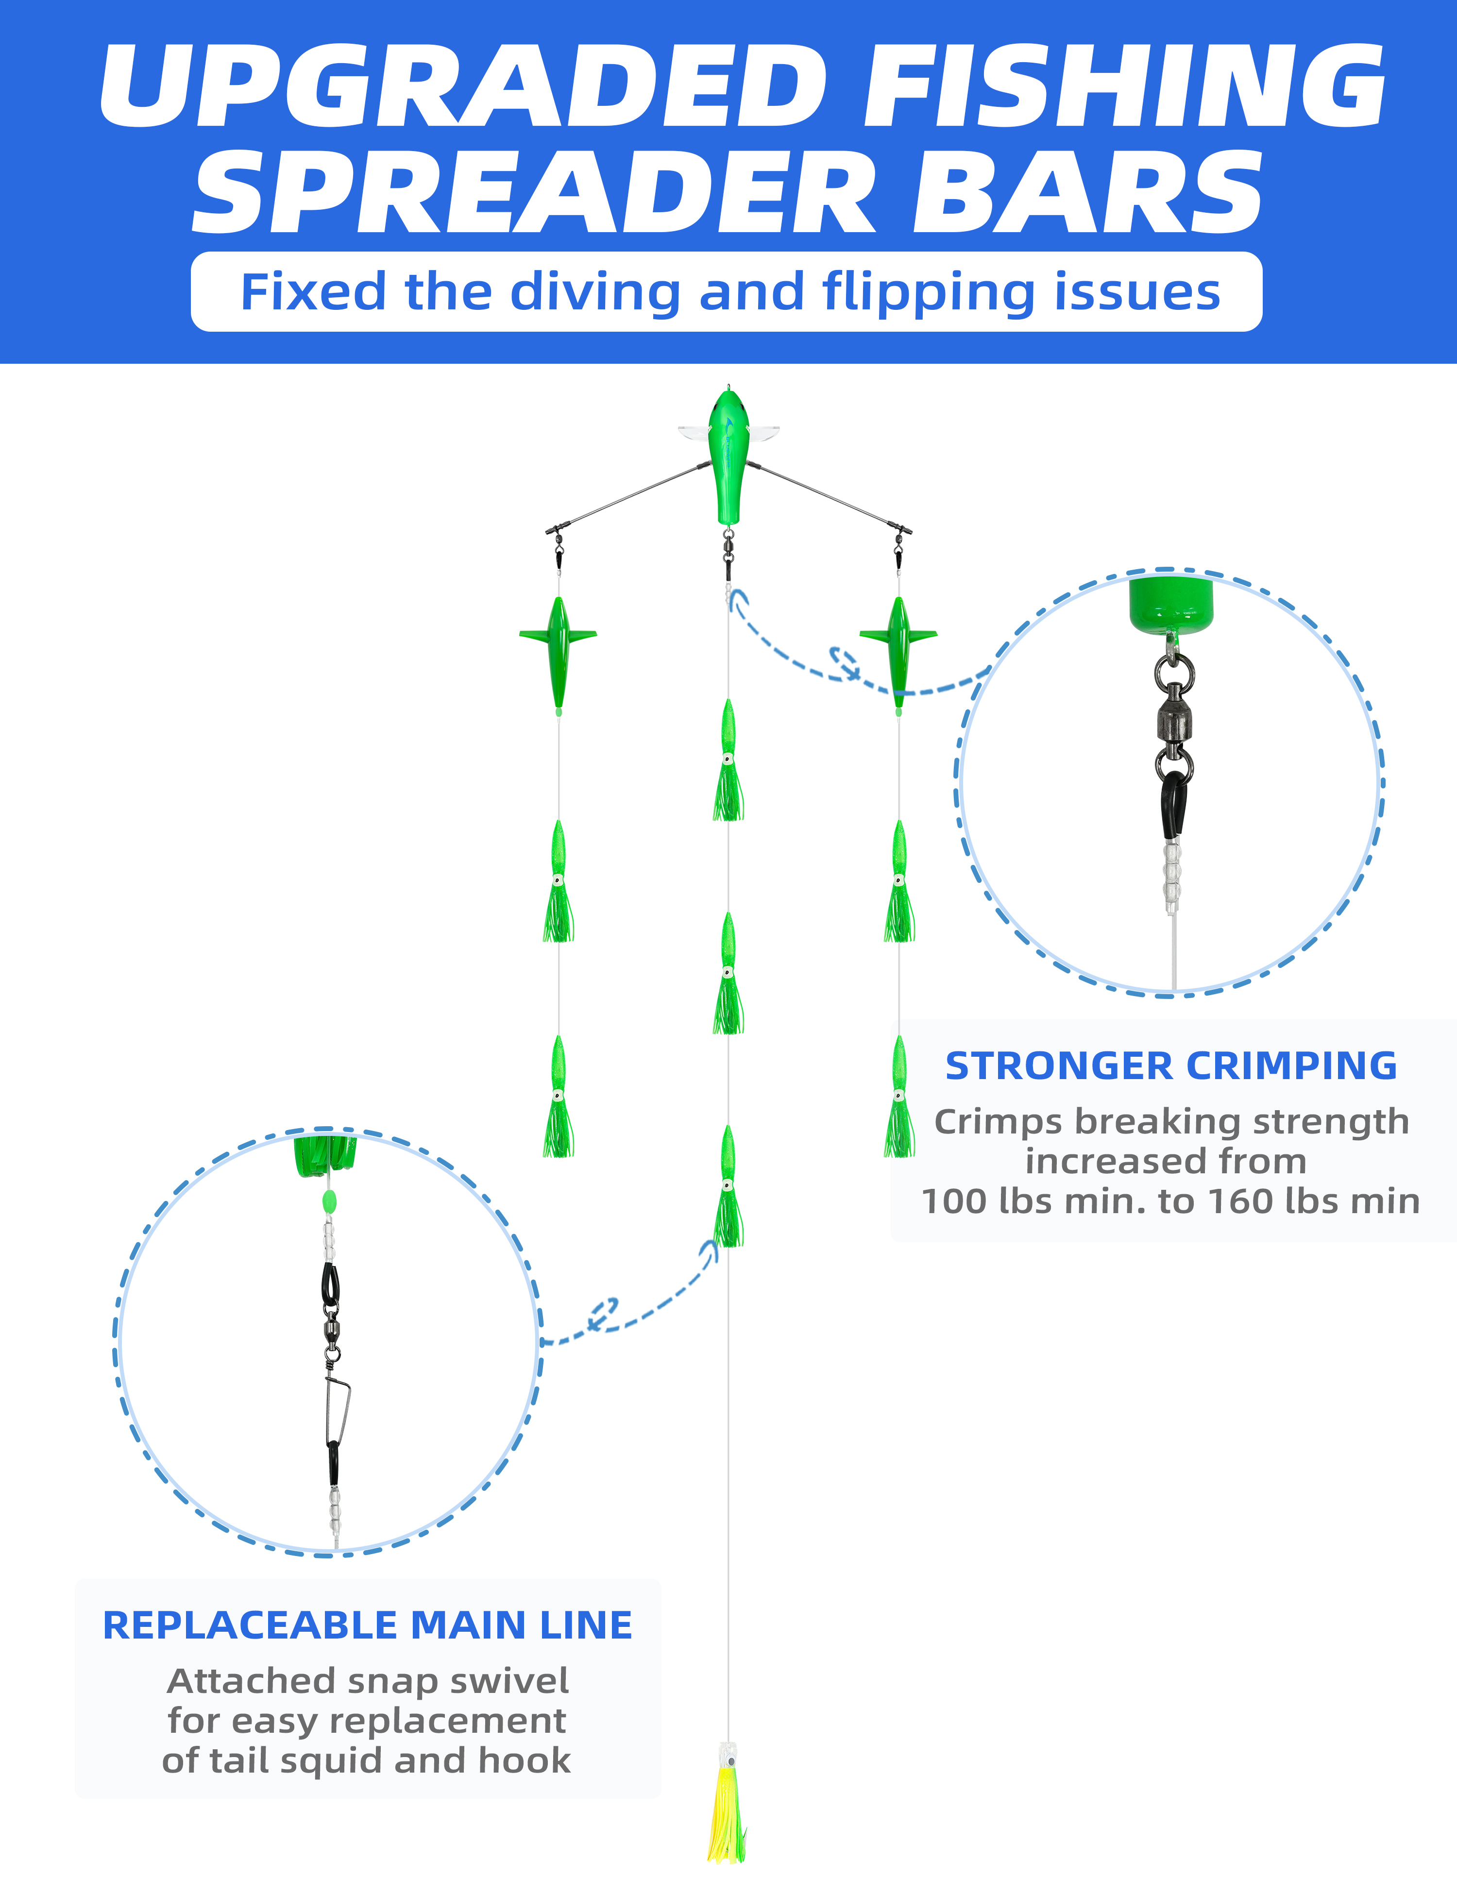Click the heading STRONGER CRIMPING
tap(1171, 1066)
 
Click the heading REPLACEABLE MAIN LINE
tap(368, 1625)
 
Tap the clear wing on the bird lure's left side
tap(694, 431)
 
